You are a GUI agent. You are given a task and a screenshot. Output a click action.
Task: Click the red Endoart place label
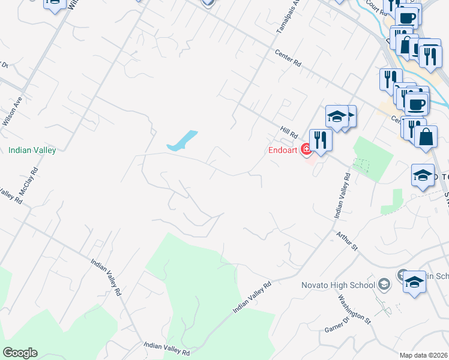coord(283,151)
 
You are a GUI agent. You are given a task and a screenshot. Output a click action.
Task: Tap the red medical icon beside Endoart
coord(306,149)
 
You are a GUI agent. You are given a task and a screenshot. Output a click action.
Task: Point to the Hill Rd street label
coord(289,132)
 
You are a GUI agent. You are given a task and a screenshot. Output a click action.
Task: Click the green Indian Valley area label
coord(32,150)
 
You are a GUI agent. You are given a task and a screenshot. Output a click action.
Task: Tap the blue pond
coord(182,141)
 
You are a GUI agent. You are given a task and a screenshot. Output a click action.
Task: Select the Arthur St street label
coord(347,242)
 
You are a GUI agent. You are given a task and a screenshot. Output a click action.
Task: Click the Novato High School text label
coord(337,285)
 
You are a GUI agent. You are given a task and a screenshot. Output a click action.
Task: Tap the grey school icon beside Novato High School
coord(385,284)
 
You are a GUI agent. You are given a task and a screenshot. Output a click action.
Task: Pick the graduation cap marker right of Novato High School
coord(414,282)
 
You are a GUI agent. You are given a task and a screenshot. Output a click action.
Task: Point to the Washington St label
coord(354,308)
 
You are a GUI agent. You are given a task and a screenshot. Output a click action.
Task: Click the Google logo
coord(20,353)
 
